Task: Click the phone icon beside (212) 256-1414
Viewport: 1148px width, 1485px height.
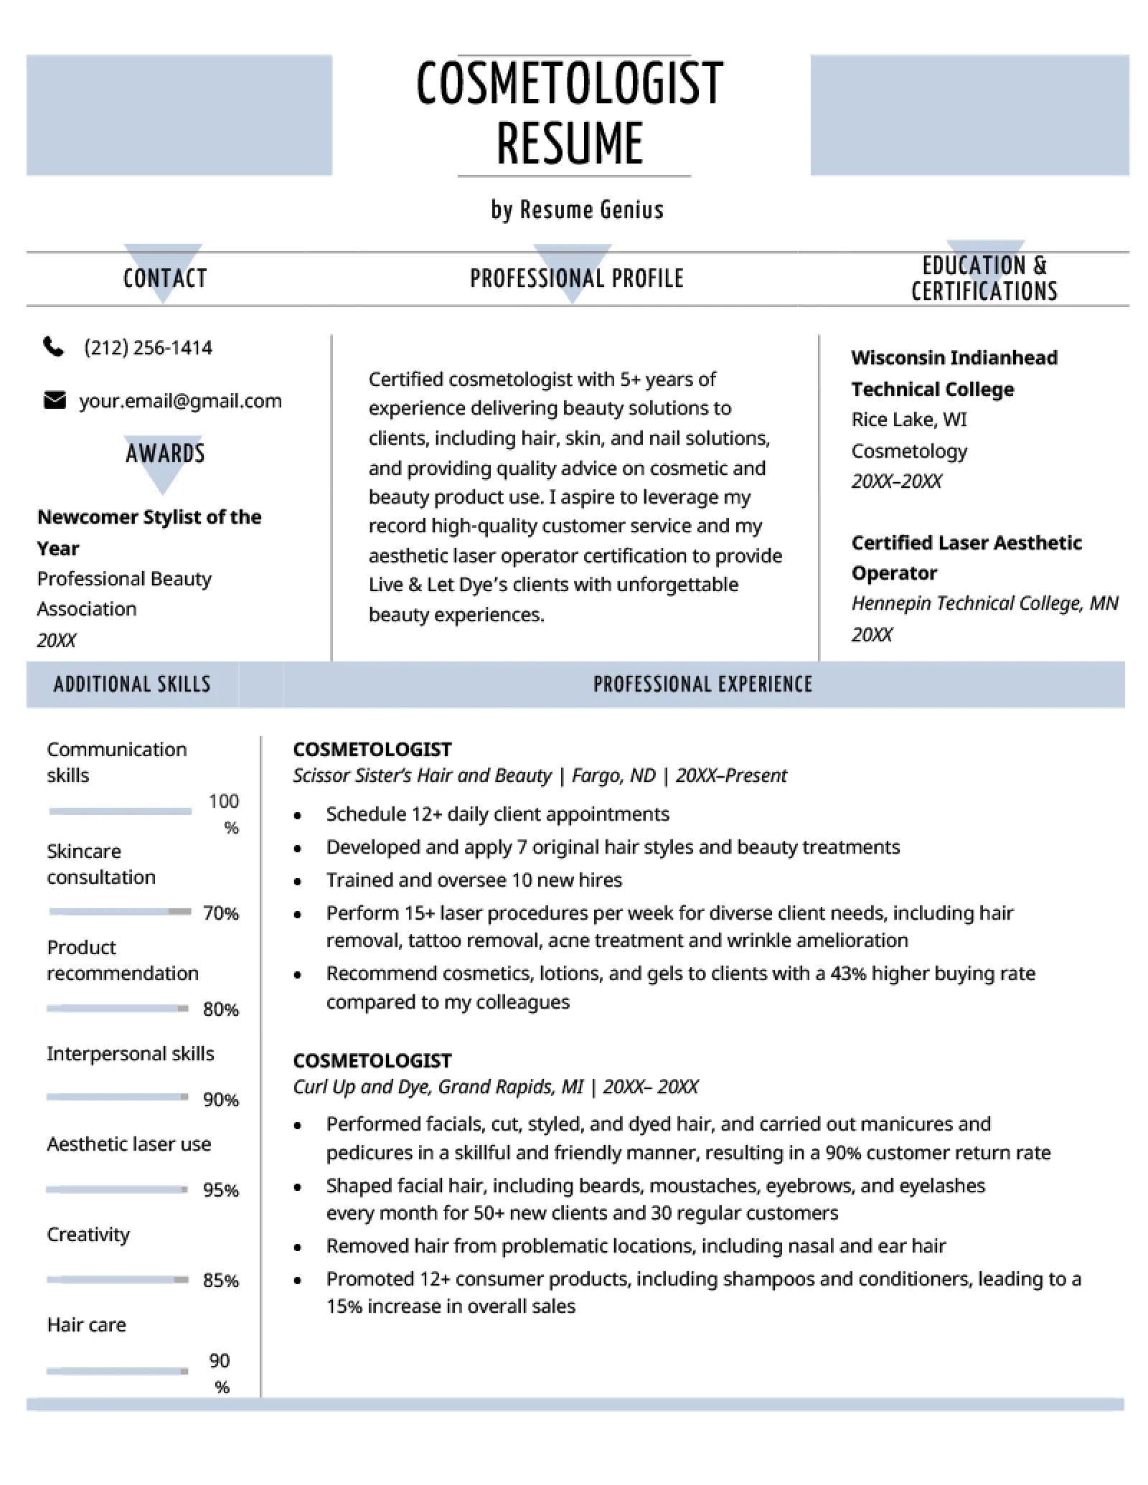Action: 54,347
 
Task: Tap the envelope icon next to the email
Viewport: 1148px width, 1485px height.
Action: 55,400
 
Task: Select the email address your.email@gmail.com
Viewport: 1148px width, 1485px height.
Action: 180,400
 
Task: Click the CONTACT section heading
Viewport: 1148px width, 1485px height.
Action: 165,278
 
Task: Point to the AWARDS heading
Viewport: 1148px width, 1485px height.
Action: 165,453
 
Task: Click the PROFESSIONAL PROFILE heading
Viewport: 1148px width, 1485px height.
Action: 577,278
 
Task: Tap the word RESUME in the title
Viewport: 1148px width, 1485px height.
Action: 570,143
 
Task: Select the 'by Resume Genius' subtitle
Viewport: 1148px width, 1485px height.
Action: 577,209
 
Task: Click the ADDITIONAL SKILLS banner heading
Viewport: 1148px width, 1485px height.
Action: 132,684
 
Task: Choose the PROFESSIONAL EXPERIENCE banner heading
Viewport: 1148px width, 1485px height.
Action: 703,684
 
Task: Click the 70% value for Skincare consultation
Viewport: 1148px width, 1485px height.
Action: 220,913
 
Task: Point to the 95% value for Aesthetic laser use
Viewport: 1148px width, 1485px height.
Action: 220,1190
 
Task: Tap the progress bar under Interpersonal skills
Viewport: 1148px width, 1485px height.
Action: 117,1097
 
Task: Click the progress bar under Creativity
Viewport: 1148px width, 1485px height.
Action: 117,1280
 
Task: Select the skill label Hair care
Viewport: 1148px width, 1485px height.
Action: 86,1324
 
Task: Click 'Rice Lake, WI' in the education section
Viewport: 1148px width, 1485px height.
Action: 909,420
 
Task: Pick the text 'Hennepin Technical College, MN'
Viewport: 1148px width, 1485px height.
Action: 984,603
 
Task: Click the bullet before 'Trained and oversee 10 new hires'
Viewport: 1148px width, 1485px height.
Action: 298,882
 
